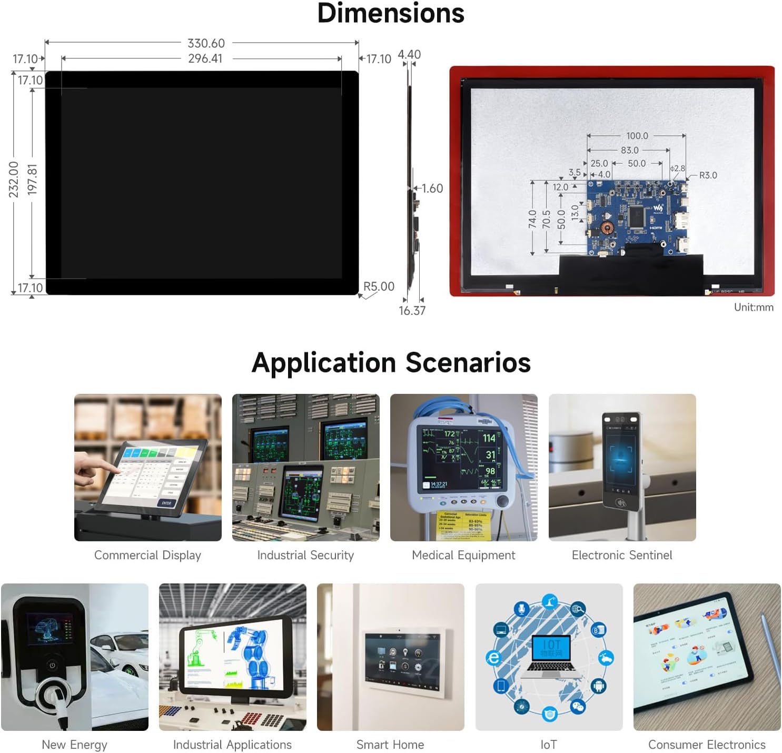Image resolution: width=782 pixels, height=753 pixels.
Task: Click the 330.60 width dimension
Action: coord(206,43)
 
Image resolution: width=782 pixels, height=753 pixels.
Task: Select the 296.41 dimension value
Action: coord(205,58)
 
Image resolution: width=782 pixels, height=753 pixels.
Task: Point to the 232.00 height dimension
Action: coord(14,180)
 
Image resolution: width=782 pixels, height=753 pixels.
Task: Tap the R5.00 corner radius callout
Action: coord(379,286)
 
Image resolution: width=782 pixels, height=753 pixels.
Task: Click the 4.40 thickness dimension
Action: coord(409,55)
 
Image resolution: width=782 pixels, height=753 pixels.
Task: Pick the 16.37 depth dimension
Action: coord(412,311)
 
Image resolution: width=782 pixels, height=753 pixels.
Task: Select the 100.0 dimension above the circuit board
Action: coord(637,136)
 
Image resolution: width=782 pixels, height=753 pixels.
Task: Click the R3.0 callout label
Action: coord(708,175)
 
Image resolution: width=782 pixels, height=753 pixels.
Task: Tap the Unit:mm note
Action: coord(754,308)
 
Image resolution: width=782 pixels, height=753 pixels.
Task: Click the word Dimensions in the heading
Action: coord(391,13)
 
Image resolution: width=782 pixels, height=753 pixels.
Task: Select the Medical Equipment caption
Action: coord(463,555)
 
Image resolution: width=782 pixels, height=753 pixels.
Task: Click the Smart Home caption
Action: coord(390,745)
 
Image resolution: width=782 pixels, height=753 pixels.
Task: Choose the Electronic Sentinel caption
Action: coord(622,555)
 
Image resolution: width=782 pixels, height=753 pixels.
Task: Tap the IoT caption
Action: coord(548,745)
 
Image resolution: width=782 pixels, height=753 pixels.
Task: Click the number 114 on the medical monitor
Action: coord(489,438)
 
